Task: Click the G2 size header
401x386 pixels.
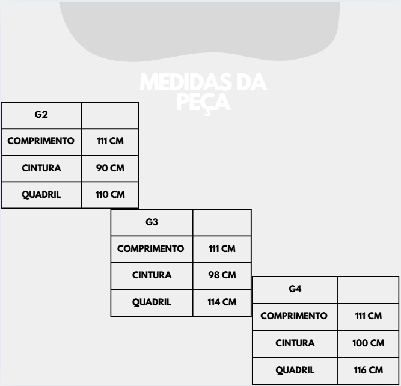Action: point(41,114)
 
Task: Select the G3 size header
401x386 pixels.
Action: point(152,222)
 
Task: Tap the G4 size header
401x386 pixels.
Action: point(295,289)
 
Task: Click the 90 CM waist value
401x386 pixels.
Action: point(110,168)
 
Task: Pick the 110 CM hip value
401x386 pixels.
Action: point(110,194)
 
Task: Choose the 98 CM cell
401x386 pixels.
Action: point(222,275)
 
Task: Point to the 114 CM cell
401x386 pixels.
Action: point(222,302)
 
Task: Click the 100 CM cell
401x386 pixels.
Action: point(369,343)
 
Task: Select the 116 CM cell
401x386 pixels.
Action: point(369,370)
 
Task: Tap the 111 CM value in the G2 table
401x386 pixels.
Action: point(110,141)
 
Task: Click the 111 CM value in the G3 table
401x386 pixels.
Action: point(222,248)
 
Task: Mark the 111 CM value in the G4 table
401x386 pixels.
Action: point(369,316)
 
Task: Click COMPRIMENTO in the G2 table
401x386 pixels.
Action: point(41,141)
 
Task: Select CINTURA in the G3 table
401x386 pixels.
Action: point(152,275)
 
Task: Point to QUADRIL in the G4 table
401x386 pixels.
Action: point(295,370)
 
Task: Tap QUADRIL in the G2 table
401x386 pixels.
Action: point(41,195)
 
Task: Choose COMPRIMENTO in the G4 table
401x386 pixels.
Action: point(294,316)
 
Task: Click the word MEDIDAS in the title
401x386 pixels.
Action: point(186,82)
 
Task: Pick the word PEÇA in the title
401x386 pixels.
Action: point(204,103)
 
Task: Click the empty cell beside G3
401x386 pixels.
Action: point(222,222)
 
